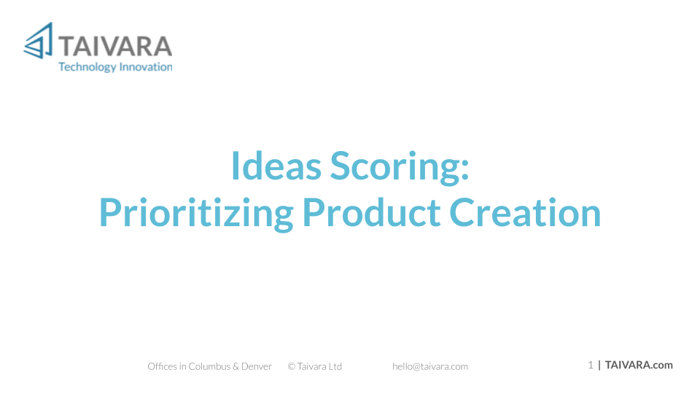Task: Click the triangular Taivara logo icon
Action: pyautogui.click(x=39, y=41)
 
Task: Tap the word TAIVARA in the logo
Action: pyautogui.click(x=115, y=47)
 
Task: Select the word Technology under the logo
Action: pyautogui.click(x=87, y=67)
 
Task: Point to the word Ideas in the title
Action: pyautogui.click(x=276, y=166)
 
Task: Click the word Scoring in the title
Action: pyautogui.click(x=394, y=167)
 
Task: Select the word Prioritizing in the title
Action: pyautogui.click(x=196, y=214)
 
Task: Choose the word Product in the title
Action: pyautogui.click(x=372, y=212)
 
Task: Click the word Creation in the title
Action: pyautogui.click(x=525, y=212)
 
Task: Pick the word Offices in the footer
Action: pyautogui.click(x=162, y=366)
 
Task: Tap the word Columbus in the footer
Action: pyautogui.click(x=209, y=366)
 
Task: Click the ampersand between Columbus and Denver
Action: pyautogui.click(x=236, y=367)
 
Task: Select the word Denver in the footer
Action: pyautogui.click(x=256, y=366)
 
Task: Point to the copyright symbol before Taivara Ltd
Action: pyautogui.click(x=292, y=367)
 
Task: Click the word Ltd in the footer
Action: pyautogui.click(x=335, y=366)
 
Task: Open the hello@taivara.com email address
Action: pyautogui.click(x=430, y=367)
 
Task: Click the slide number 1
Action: pyautogui.click(x=591, y=365)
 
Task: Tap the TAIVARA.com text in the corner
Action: pyautogui.click(x=639, y=365)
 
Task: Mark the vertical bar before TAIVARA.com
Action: pyautogui.click(x=599, y=365)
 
